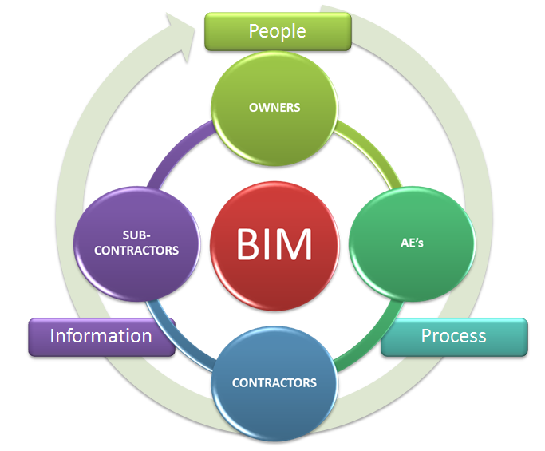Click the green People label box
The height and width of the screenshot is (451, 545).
[277, 30]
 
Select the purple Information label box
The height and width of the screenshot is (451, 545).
[101, 336]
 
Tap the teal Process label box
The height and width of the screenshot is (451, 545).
[453, 336]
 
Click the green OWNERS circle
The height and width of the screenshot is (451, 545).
[274, 107]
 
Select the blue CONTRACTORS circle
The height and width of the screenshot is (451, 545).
[274, 381]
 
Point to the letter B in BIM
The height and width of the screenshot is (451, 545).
[249, 243]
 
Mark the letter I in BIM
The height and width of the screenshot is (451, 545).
[269, 243]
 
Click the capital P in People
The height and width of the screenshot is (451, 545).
[254, 31]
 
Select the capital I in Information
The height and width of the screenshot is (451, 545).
[53, 336]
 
